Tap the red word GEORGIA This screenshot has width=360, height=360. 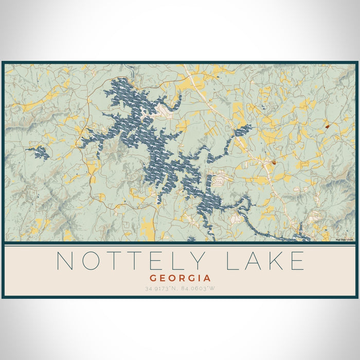point(179,277)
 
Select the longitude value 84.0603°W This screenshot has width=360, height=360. point(197,288)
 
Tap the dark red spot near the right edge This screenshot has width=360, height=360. point(327,125)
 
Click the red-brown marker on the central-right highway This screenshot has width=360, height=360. point(274,163)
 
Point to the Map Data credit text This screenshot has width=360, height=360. point(344,239)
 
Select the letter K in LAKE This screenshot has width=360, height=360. point(278,261)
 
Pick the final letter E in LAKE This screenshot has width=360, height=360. point(298,261)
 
